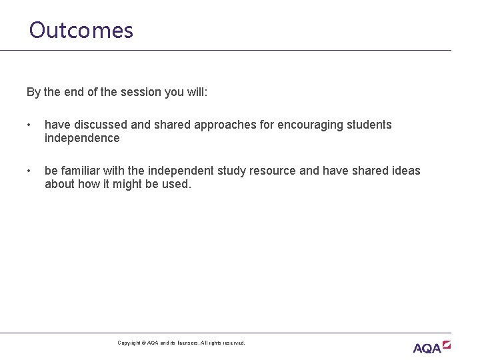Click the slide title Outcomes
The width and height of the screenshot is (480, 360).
pos(81,30)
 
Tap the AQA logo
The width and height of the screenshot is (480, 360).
pos(431,347)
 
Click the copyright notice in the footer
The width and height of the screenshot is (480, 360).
pos(181,343)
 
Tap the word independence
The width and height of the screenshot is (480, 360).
pos(82,138)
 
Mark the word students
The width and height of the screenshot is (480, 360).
pos(369,125)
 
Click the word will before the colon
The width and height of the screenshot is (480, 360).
pos(197,92)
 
